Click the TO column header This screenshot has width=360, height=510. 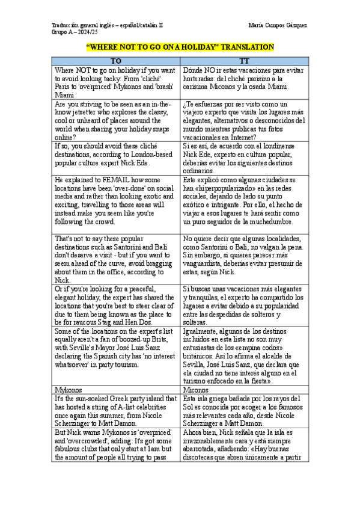point(116,61)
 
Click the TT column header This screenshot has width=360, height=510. point(244,61)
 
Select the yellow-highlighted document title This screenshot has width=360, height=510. point(180,48)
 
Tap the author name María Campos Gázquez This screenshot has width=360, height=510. point(277,25)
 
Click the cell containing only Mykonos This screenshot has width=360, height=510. point(68,389)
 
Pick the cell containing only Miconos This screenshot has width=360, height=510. point(197,389)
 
